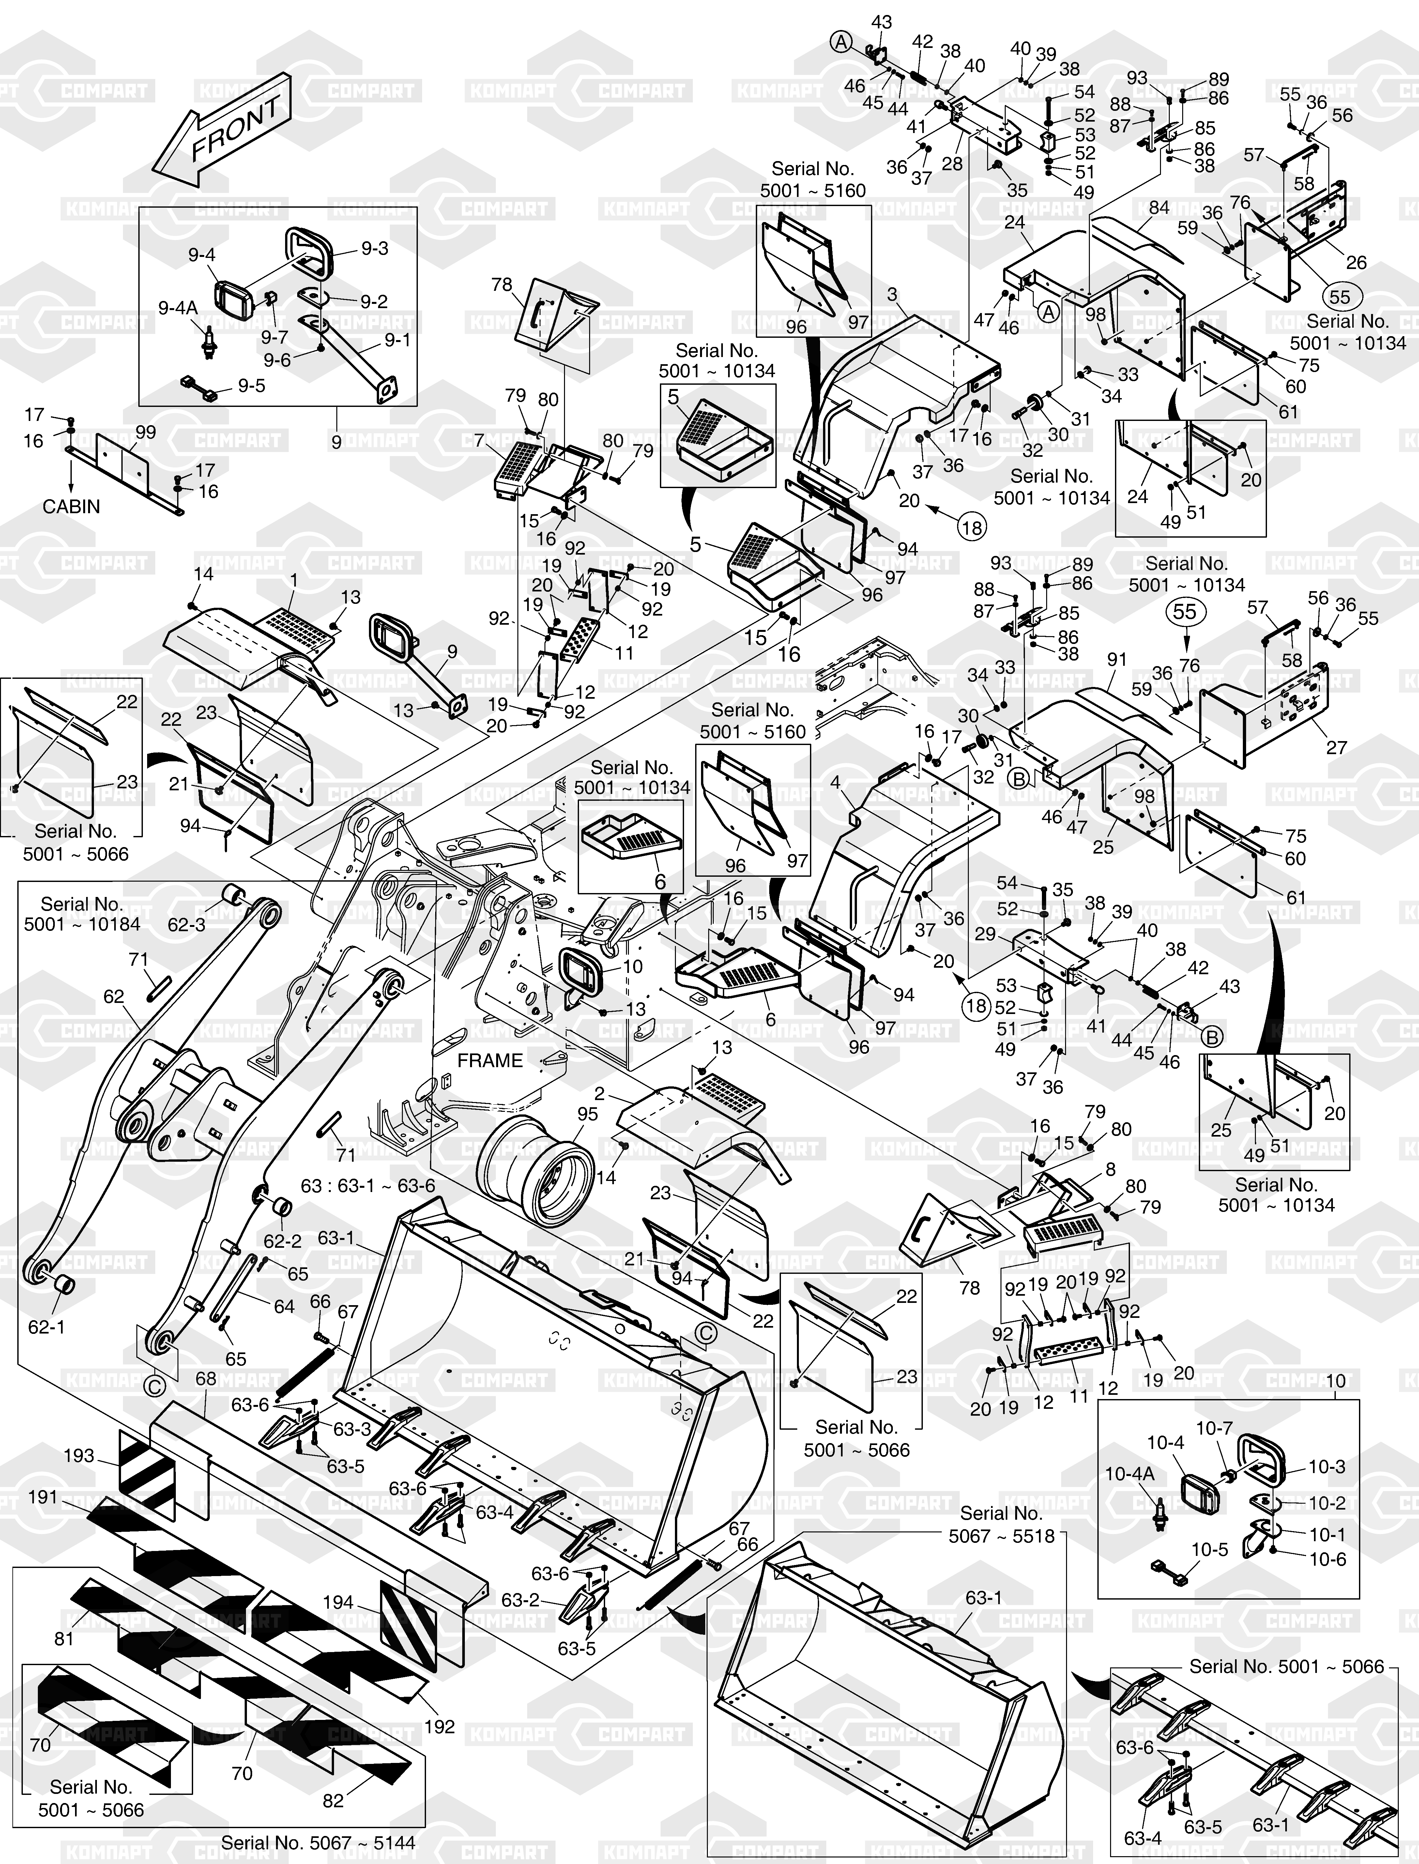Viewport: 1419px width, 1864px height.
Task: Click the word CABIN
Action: coord(72,507)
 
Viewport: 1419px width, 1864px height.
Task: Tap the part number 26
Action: coord(1356,262)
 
